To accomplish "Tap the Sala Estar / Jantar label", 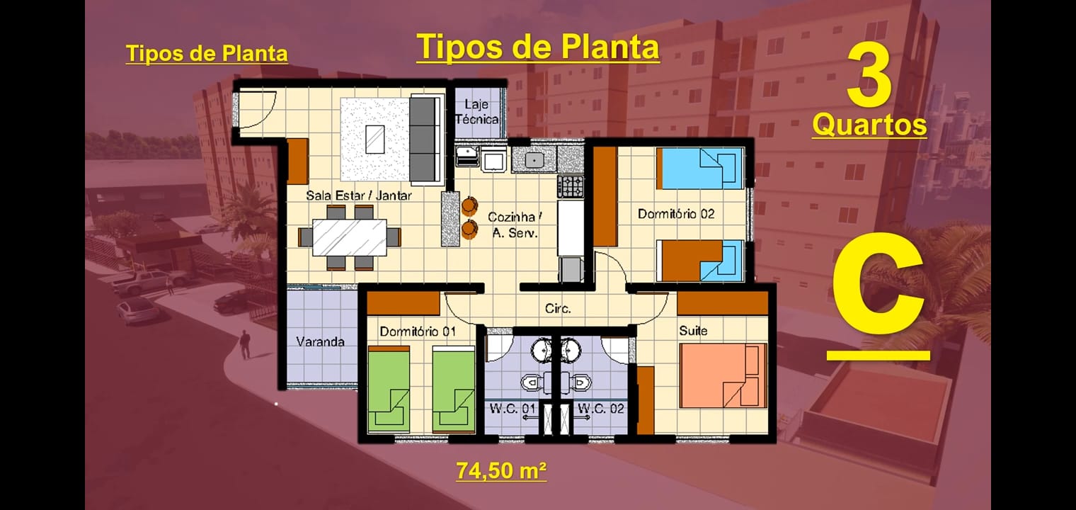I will click(x=358, y=195).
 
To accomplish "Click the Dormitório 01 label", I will click(x=417, y=331).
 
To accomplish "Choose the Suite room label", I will click(x=693, y=331).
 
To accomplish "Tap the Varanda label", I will click(x=320, y=341).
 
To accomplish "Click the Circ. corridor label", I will click(x=558, y=309).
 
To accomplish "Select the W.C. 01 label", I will click(x=508, y=409).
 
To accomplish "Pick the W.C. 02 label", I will click(x=601, y=409).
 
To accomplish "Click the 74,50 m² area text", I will click(x=501, y=470).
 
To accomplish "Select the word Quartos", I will click(x=869, y=125).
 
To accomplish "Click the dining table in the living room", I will click(x=350, y=237).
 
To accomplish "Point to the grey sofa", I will click(x=424, y=139).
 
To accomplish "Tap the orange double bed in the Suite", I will click(x=722, y=376).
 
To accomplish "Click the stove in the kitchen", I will click(x=571, y=186).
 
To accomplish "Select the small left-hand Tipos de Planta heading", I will click(x=207, y=54).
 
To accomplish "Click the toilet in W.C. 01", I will click(x=532, y=382).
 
